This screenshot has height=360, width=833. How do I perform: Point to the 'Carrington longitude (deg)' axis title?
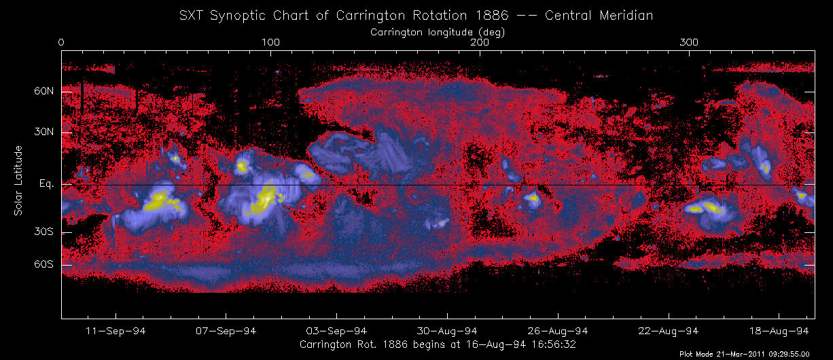438,31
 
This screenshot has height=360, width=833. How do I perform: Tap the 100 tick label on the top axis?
270,43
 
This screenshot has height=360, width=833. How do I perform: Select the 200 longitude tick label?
480,43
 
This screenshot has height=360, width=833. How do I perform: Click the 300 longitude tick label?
690,43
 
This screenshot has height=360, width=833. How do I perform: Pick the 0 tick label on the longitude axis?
62,43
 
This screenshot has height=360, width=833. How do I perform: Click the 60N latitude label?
44,91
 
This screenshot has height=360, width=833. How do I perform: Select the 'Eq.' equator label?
46,184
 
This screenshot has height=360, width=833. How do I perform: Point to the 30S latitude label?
44,232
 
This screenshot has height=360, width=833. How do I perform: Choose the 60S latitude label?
44,264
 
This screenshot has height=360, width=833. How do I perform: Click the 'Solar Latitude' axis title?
18,181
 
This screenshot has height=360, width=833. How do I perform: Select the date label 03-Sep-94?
337,331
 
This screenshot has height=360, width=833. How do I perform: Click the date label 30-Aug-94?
447,331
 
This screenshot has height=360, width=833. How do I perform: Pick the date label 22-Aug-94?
668,331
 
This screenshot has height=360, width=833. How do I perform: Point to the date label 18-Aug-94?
779,331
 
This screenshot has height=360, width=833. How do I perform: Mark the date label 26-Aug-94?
558,331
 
